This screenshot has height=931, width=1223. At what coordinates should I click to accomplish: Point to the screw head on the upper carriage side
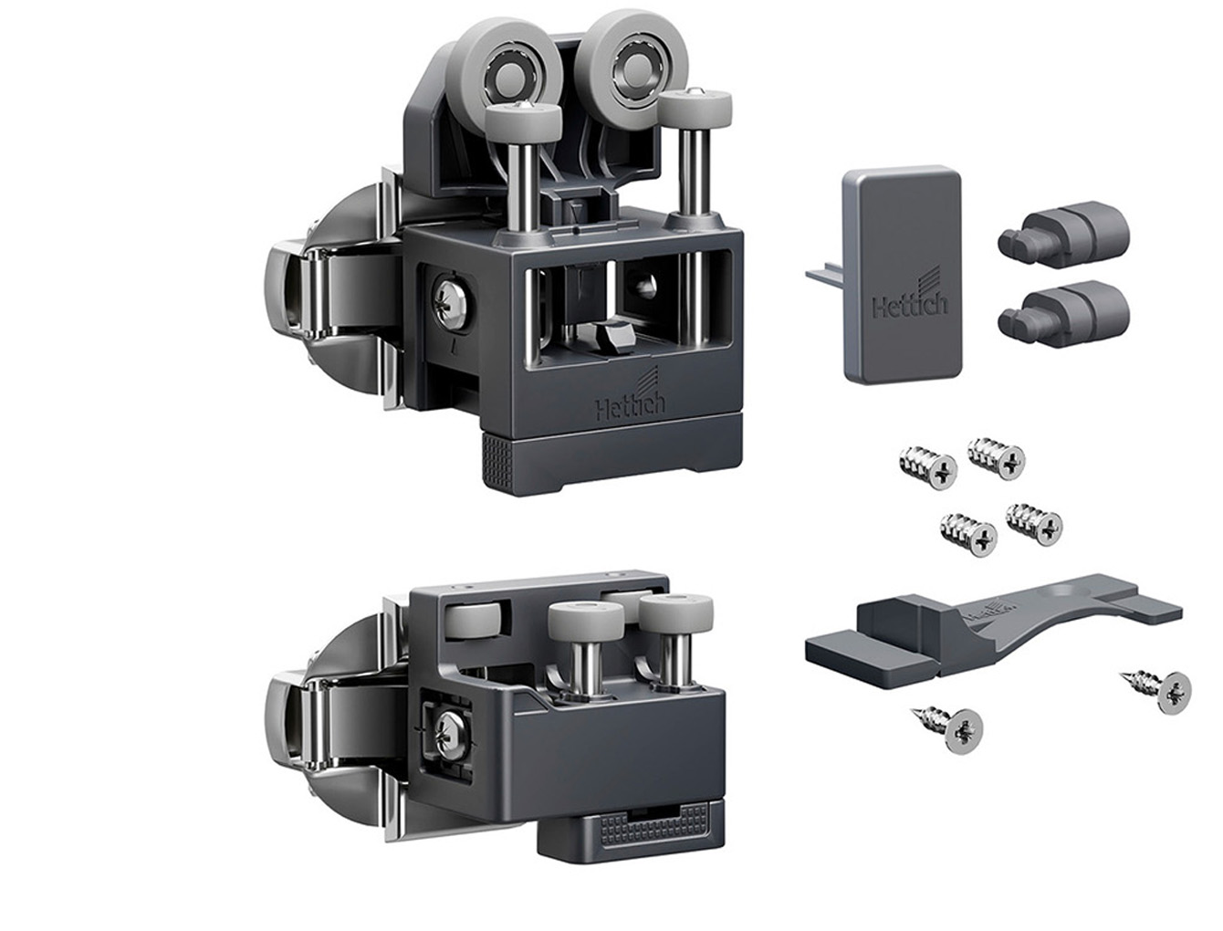click(455, 304)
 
